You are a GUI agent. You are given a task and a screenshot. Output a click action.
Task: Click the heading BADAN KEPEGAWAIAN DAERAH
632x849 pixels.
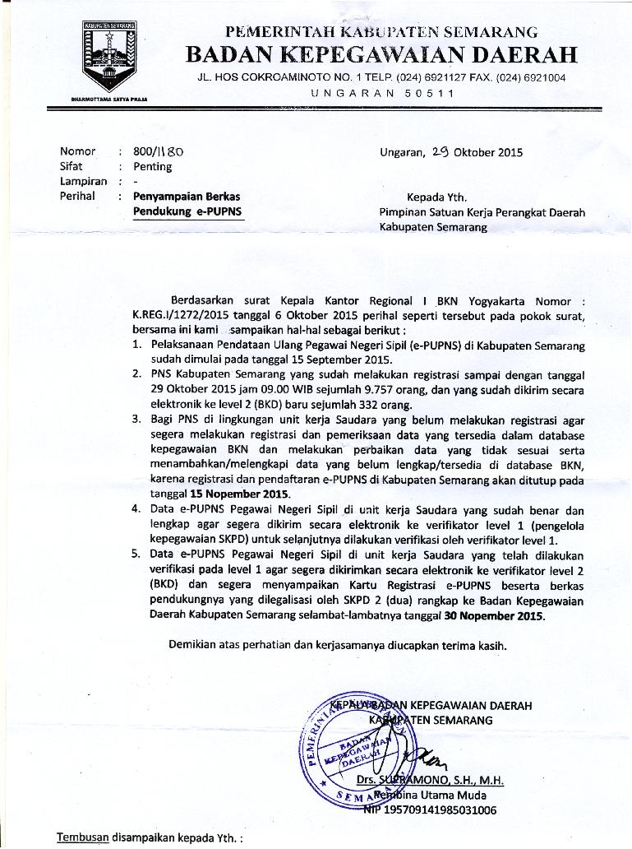pos(381,55)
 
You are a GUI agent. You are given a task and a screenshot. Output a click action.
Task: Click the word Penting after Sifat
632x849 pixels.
pos(153,166)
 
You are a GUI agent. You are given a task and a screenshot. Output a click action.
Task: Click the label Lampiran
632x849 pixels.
pos(83,181)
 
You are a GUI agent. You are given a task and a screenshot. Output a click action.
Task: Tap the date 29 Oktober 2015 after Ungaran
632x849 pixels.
pos(477,151)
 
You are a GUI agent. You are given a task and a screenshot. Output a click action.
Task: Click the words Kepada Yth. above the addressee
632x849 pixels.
pos(436,197)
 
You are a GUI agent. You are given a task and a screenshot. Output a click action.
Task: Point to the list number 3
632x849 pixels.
pos(136,420)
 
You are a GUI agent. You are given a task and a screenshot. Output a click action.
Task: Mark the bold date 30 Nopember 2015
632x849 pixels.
pos(493,615)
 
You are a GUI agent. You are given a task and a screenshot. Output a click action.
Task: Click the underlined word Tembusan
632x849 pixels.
pos(82,837)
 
